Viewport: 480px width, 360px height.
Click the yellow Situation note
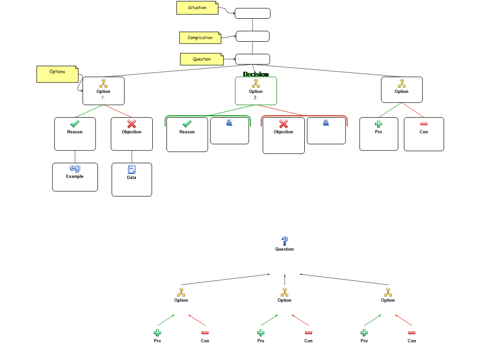[x=197, y=8]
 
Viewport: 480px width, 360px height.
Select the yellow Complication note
[x=200, y=38]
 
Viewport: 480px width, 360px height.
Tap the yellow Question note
[x=202, y=60]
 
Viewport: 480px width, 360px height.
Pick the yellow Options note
[x=57, y=74]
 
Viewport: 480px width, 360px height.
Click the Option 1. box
[x=103, y=90]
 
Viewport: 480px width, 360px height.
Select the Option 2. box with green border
[x=255, y=90]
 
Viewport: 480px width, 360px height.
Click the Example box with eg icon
[x=75, y=177]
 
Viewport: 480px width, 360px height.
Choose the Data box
[x=132, y=179]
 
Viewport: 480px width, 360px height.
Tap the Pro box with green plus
[x=378, y=134]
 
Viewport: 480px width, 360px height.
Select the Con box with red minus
[x=424, y=134]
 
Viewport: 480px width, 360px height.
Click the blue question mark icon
[x=285, y=241]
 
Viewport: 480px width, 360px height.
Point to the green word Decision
[x=255, y=74]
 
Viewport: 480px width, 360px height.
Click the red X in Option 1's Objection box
[x=132, y=124]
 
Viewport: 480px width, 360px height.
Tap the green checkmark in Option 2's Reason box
[x=187, y=124]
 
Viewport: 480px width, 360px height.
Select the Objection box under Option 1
[x=132, y=134]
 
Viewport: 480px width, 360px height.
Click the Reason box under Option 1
[x=75, y=134]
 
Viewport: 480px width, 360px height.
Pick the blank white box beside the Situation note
[x=253, y=13]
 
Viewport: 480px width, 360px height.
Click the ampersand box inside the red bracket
[x=326, y=131]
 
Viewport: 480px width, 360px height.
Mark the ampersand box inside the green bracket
[x=229, y=131]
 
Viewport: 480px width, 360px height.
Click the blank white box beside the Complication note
[x=253, y=36]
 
